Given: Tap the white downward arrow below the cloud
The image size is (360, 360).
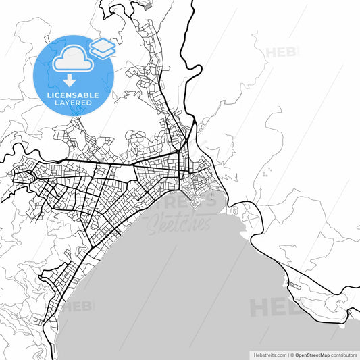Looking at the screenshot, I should tap(70, 80).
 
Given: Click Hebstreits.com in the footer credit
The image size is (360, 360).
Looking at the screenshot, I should tap(268, 354).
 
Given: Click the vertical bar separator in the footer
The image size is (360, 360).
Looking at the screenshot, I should tap(287, 354).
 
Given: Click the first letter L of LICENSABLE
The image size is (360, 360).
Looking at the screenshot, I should tap(49, 95).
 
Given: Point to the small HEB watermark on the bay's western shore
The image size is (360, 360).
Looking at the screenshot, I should tap(79, 306).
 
